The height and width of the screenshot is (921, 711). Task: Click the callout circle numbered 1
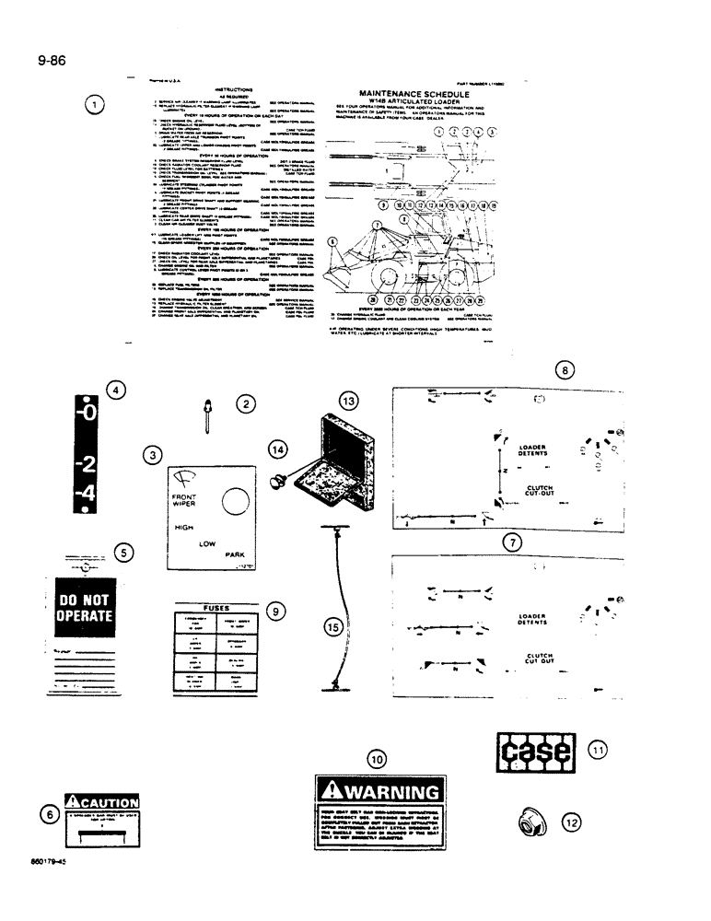[95, 104]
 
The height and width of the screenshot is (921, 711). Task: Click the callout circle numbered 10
[376, 759]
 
